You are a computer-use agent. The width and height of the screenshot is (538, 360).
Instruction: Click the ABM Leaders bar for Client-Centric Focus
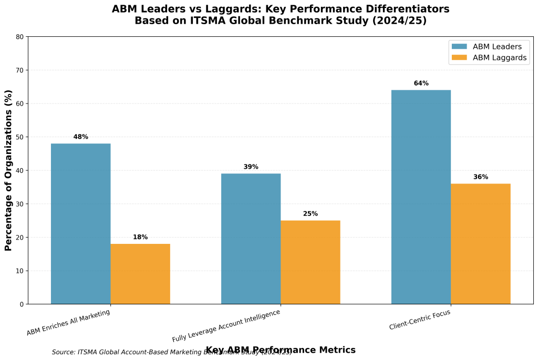[421, 197]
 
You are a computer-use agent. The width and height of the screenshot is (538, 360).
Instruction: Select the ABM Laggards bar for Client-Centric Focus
[480, 244]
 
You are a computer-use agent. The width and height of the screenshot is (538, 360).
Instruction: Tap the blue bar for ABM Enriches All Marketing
[80, 224]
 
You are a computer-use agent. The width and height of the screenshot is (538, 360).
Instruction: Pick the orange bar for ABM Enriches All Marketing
[140, 274]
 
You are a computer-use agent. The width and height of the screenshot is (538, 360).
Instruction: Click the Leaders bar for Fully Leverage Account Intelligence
[251, 239]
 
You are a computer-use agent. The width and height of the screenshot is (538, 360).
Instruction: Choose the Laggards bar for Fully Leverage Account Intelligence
[311, 262]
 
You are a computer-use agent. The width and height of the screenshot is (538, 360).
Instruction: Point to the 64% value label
[421, 84]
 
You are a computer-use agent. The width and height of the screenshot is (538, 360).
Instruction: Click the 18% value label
[140, 238]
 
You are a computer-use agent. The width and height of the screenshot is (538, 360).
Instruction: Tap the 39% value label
[251, 167]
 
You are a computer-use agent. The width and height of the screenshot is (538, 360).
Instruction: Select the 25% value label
[311, 214]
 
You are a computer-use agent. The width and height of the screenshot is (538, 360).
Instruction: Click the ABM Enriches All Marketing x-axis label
[68, 322]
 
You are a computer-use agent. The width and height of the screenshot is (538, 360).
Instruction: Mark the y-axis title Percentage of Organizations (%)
[8, 170]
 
